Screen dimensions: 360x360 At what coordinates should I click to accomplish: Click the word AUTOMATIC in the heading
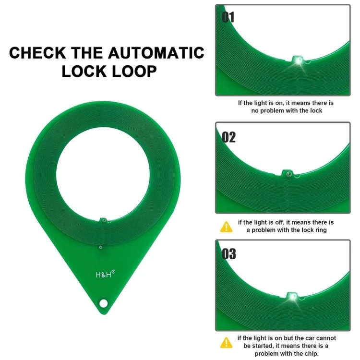pyautogui.click(x=156, y=52)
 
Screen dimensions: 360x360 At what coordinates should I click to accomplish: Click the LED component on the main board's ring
pyautogui.click(x=103, y=220)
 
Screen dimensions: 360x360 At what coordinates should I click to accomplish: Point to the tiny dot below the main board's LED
pyautogui.click(x=100, y=248)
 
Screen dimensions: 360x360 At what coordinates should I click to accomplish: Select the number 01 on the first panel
pyautogui.click(x=228, y=17)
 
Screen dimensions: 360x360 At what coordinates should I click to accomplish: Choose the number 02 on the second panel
pyautogui.click(x=229, y=137)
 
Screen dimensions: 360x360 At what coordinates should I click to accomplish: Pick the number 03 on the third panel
pyautogui.click(x=229, y=254)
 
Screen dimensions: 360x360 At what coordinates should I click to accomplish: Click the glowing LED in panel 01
pyautogui.click(x=297, y=60)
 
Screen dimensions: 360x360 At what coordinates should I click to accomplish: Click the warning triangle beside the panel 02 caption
pyautogui.click(x=226, y=227)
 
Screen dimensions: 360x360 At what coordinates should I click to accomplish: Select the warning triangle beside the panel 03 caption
pyautogui.click(x=226, y=342)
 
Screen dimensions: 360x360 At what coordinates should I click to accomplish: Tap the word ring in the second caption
pyautogui.click(x=319, y=230)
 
